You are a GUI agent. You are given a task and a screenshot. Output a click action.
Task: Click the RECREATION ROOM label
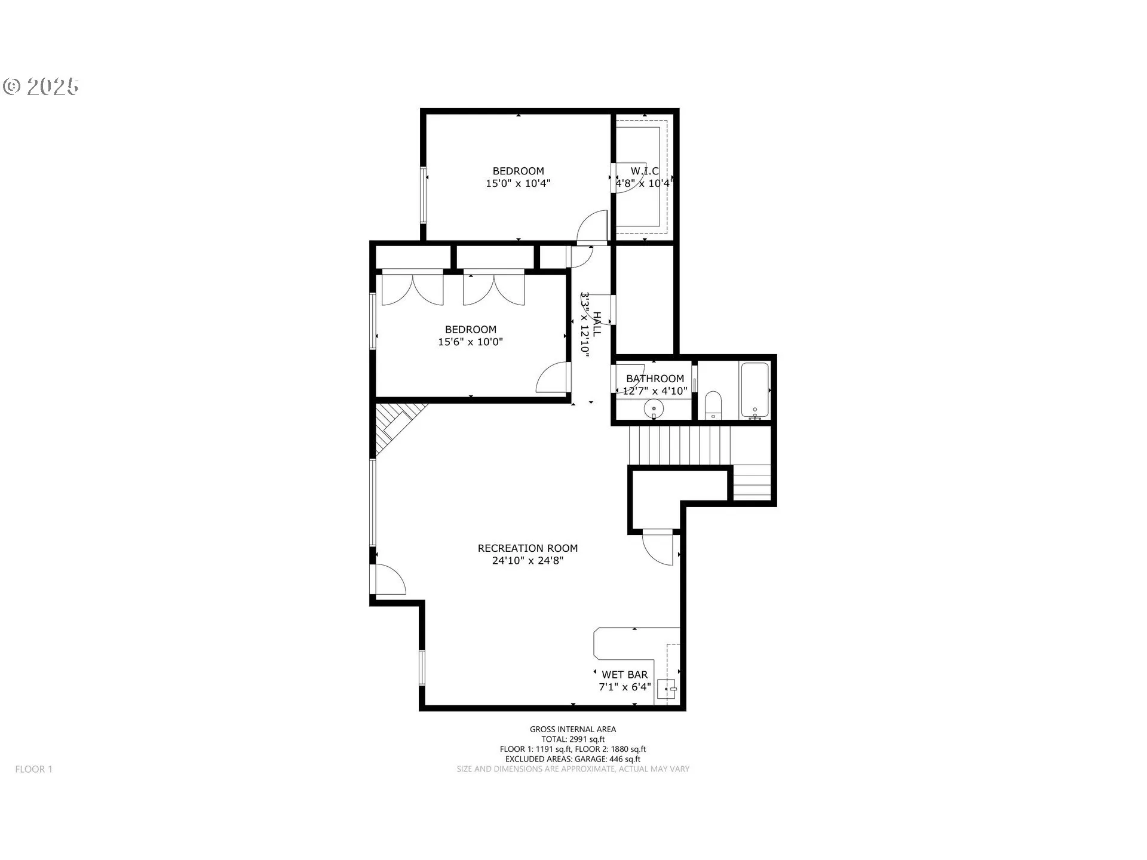pos(528,548)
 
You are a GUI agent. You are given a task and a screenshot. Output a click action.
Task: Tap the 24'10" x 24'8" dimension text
pos(528,561)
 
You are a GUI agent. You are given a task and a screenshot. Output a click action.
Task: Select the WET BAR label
pos(624,674)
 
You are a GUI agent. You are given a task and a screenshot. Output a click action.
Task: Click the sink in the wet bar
pos(667,689)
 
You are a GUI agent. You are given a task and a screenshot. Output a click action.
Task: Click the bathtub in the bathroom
pos(755,389)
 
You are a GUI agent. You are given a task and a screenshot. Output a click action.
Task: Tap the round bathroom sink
pos(654,410)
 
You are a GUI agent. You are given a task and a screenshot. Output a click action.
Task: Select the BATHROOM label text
pos(655,379)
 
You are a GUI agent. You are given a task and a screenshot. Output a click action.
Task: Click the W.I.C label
pos(645,171)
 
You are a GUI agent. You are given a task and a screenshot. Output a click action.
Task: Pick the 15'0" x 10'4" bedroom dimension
pos(518,183)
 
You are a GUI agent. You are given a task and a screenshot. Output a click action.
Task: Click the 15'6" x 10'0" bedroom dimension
pos(470,342)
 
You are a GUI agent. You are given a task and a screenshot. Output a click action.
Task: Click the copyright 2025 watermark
pos(41,87)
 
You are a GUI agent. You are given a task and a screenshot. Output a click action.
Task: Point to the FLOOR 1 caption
pos(34,769)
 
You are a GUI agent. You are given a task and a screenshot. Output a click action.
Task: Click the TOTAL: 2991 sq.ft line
pos(572,739)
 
